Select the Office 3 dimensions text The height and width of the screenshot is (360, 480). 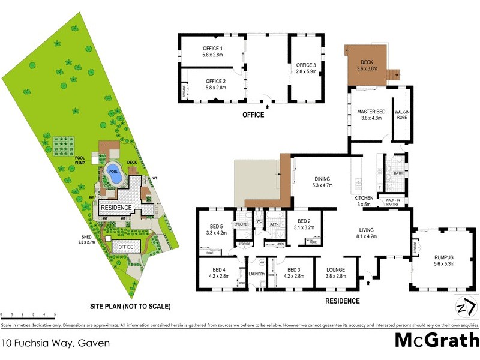(x=305, y=72)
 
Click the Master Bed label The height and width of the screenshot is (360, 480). (x=371, y=112)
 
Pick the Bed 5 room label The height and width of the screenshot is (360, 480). (x=215, y=229)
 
